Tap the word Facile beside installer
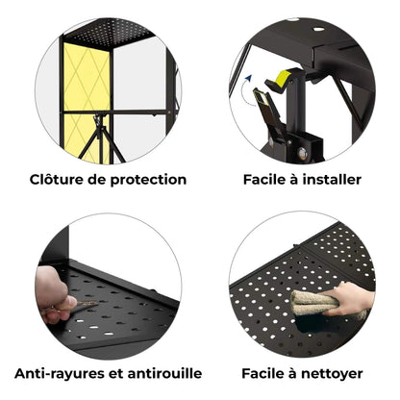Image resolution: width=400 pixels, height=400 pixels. (x=262, y=179)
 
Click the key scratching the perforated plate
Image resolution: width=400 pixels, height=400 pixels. (x=87, y=303)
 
